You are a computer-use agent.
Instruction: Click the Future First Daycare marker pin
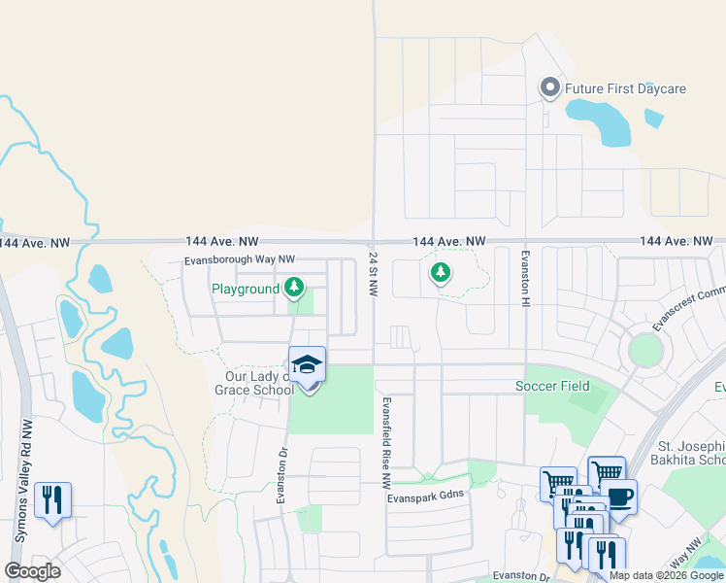(549, 88)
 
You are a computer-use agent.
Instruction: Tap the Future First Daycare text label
(626, 89)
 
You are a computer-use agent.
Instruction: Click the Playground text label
(246, 289)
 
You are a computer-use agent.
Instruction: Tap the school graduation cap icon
(307, 364)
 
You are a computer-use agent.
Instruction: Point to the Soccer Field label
(552, 386)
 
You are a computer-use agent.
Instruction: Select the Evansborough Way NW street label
(240, 260)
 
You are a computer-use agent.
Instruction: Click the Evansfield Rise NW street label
(385, 441)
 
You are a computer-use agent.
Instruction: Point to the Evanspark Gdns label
(426, 495)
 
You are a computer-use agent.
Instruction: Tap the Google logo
(32, 571)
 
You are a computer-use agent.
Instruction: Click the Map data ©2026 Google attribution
(666, 575)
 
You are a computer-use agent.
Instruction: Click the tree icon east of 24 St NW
(441, 272)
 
